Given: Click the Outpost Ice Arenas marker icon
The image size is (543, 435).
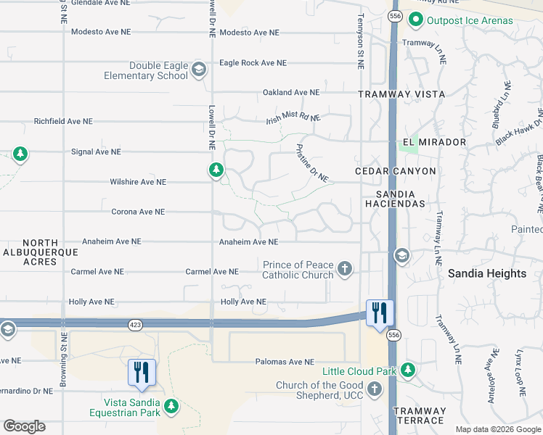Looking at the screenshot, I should (416, 20).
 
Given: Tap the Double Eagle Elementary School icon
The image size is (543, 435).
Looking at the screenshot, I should (199, 70).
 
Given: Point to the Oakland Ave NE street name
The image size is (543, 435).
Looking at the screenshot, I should (291, 93).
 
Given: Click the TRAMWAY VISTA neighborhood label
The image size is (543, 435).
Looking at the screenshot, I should (396, 95).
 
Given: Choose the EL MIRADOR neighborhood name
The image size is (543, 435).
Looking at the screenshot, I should (433, 142).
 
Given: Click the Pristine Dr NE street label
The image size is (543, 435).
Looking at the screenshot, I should (312, 162).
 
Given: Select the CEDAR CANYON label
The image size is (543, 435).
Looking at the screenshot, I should (396, 171).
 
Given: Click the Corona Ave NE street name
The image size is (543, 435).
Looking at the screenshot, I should (138, 212).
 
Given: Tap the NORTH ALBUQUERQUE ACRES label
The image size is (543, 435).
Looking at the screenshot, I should (40, 252).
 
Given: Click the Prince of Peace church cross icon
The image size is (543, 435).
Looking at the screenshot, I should (345, 270).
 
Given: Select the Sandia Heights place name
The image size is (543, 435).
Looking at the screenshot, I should (487, 273).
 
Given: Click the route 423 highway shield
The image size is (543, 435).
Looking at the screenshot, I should (135, 324).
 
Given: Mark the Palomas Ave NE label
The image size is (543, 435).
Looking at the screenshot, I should (285, 362).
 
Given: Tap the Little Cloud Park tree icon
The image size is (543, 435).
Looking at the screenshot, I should (408, 371).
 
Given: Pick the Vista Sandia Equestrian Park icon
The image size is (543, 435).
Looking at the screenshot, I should (171, 406).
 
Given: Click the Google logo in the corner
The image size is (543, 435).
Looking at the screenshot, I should (24, 426).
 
